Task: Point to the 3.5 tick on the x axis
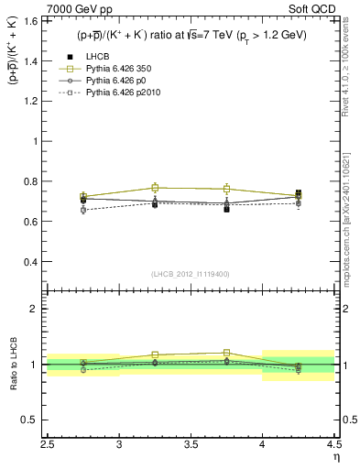pyautogui.click(x=191, y=446)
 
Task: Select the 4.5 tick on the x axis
pyautogui.click(x=333, y=446)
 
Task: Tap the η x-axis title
pyautogui.click(x=334, y=457)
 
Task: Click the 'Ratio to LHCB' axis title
pyautogui.click(x=15, y=365)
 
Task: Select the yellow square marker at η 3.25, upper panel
pyautogui.click(x=155, y=188)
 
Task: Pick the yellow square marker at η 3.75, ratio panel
pyautogui.click(x=226, y=353)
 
